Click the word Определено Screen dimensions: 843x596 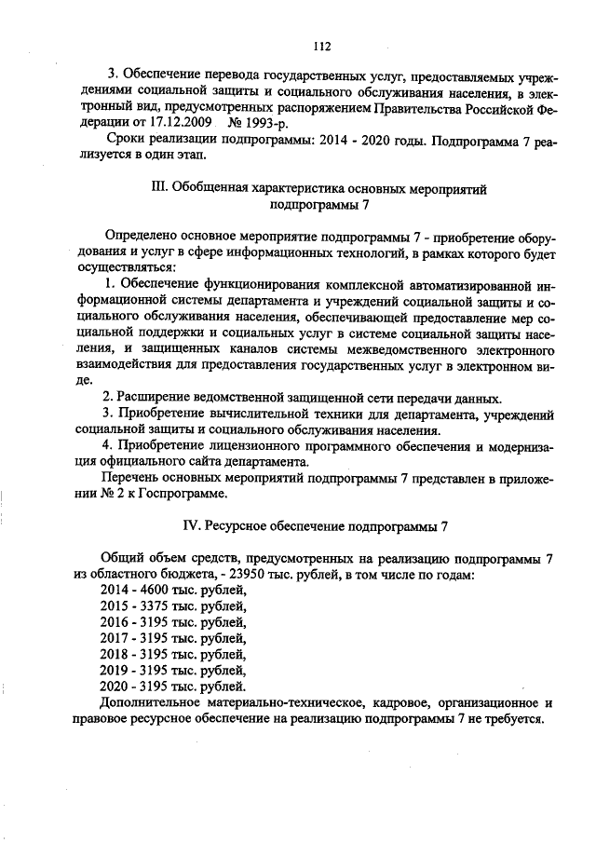tap(142, 238)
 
